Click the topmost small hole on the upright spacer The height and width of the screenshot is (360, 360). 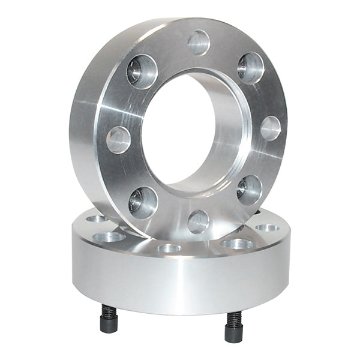tap(199, 43)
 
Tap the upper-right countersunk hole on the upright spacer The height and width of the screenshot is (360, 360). tap(250, 67)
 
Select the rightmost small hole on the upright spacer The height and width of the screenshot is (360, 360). tap(271, 128)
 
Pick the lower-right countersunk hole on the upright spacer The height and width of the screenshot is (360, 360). tap(249, 190)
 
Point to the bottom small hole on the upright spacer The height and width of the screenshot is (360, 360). tap(198, 221)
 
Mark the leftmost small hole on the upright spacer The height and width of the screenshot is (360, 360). tap(118, 140)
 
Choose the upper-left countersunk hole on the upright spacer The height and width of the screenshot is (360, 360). tap(142, 71)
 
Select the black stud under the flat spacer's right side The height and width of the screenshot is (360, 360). tap(234, 327)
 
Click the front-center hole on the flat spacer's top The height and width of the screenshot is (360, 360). tap(169, 248)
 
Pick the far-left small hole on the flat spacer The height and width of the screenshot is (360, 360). tap(95, 218)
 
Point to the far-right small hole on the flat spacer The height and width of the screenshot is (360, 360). tap(266, 228)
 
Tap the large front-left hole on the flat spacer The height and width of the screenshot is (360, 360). tap(109, 236)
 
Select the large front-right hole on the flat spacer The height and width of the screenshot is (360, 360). tap(238, 244)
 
